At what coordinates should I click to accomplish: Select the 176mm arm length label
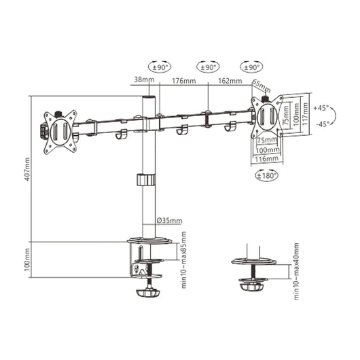tap(183, 81)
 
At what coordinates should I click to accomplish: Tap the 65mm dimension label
tap(260, 84)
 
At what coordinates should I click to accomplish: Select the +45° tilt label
tap(322, 107)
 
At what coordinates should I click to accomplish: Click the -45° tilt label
tap(322, 123)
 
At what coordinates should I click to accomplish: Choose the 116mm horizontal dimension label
tap(267, 158)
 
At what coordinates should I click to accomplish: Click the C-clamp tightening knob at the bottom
tap(147, 293)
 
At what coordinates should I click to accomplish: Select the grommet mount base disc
tap(253, 261)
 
